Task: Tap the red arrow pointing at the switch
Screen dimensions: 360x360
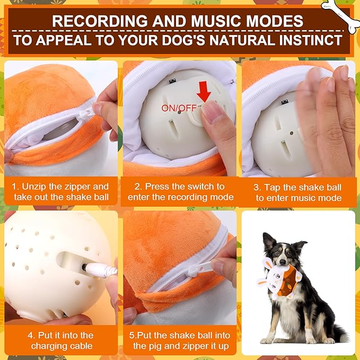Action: pyautogui.click(x=203, y=92)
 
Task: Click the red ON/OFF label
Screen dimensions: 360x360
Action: pyautogui.click(x=179, y=108)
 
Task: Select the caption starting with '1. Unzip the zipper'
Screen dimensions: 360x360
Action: pyautogui.click(x=60, y=192)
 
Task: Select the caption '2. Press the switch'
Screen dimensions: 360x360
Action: pyautogui.click(x=180, y=192)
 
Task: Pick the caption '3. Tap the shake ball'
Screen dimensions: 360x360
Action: pyautogui.click(x=298, y=192)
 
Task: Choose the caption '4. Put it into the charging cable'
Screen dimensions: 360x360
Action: pyautogui.click(x=60, y=340)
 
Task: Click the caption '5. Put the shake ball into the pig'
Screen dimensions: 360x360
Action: pyautogui.click(x=180, y=340)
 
